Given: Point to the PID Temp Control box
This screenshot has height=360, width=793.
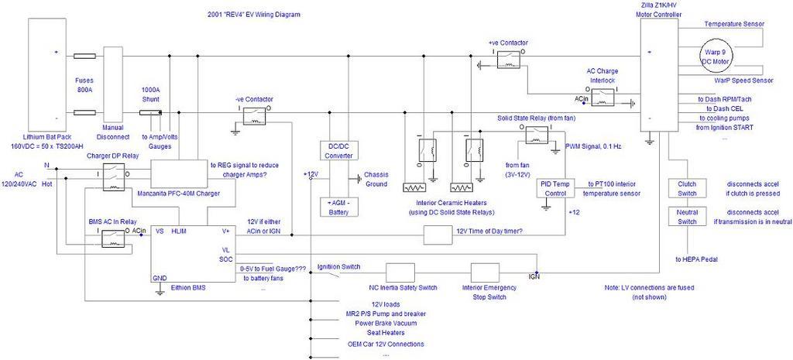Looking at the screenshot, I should click(557, 189).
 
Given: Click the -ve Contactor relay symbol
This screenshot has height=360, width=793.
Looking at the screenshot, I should click(254, 114).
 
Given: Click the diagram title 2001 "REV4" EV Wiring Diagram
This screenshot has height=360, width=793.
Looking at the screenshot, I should click(254, 15).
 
